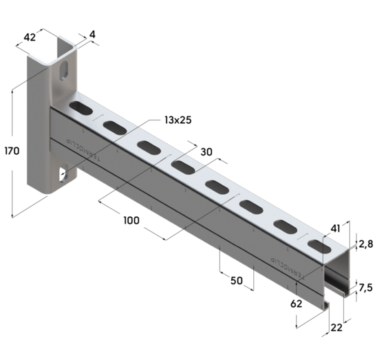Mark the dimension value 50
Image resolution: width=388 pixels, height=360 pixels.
tap(236, 281)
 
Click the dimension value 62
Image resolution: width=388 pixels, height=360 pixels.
tap(297, 304)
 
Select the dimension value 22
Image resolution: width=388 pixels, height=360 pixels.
tap(337, 330)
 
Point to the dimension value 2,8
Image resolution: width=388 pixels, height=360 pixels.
tap(367, 244)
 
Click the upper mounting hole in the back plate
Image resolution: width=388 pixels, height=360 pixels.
tap(64, 72)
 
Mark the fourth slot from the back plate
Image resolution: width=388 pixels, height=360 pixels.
tap(182, 167)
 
